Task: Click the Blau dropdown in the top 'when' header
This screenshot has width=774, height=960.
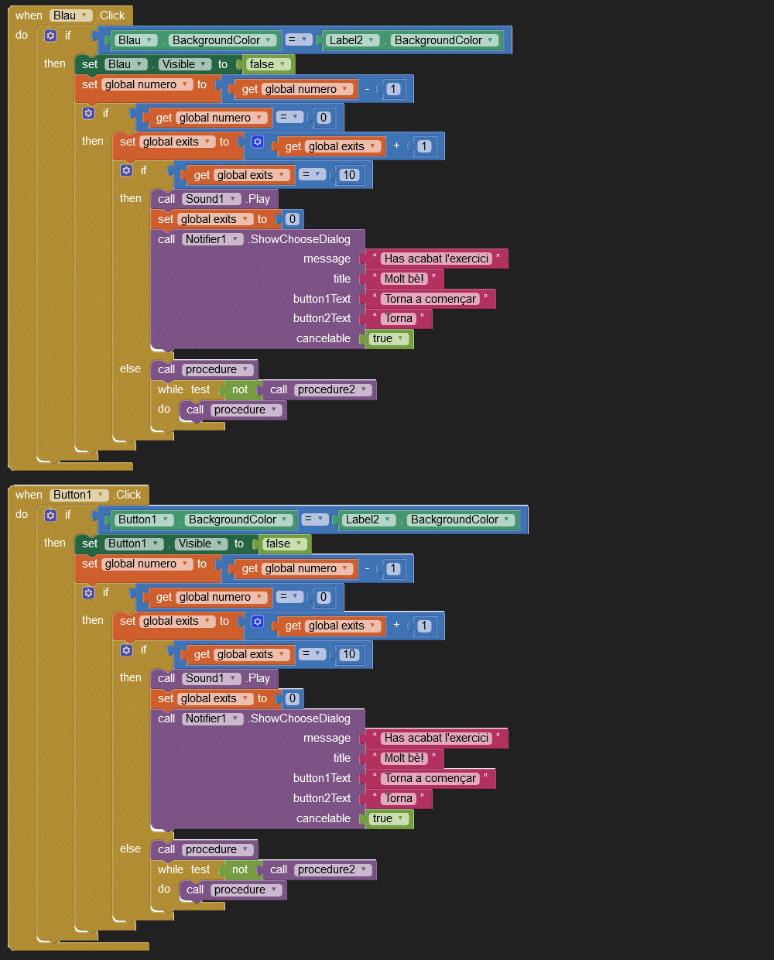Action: pos(70,15)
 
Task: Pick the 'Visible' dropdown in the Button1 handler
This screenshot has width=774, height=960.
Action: pos(200,543)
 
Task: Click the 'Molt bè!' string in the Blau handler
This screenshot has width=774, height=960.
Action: pos(405,279)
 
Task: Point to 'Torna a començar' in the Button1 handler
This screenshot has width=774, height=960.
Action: pos(430,778)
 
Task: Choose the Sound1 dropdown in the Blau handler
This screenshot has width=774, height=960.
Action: pos(211,199)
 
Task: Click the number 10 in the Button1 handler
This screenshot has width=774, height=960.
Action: pos(349,654)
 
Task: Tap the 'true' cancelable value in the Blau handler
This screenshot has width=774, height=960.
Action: pos(389,338)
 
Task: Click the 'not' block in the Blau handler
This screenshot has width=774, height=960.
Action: pos(240,389)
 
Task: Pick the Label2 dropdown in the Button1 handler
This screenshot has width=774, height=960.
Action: pos(368,519)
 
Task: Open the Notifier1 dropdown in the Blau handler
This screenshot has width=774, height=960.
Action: pos(212,239)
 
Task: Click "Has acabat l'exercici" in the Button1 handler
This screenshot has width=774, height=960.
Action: pos(437,738)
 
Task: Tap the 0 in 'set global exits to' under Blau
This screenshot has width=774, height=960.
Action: pos(292,219)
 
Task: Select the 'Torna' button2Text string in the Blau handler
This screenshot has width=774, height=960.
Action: pos(399,318)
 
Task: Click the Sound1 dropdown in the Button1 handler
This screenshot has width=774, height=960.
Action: pos(211,678)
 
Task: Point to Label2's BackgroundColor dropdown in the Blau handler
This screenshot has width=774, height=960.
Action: pos(444,40)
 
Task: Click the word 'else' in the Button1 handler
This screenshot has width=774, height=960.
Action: pos(130,849)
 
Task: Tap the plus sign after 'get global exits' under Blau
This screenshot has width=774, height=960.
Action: pos(396,146)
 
